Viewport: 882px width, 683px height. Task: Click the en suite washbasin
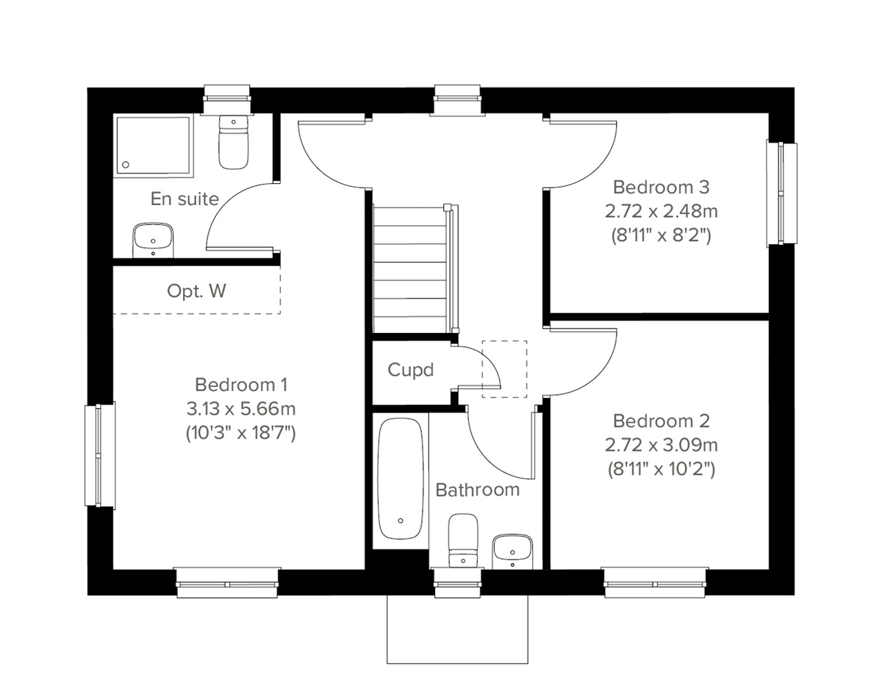[153, 240]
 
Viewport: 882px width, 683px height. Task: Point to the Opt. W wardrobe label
[196, 291]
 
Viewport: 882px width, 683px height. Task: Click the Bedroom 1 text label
[240, 385]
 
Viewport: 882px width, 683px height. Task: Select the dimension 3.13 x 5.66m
[240, 409]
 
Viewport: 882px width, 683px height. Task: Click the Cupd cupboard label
[410, 370]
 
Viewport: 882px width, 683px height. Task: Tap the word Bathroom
[477, 490]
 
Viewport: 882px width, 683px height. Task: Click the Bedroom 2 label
[661, 421]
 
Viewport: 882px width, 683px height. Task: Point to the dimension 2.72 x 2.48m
[661, 212]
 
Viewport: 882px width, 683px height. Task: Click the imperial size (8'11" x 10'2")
[661, 468]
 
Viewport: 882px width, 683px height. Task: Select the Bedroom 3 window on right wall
[781, 193]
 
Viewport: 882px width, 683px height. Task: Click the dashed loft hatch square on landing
[504, 368]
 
